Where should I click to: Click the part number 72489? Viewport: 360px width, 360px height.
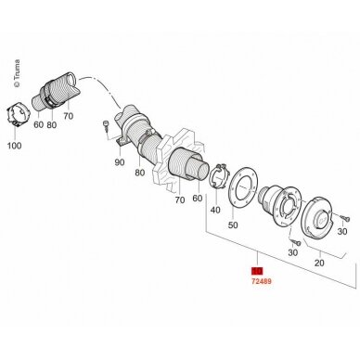(262, 281)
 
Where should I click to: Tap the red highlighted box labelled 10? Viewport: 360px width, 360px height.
(257, 271)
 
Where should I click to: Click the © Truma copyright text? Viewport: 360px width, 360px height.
(17, 73)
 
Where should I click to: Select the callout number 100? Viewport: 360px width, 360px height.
(14, 145)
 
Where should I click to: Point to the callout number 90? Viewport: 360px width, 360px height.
(120, 161)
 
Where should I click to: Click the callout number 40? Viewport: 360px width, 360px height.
(215, 210)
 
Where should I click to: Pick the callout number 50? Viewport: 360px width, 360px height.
(233, 225)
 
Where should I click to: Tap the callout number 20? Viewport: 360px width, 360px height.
(319, 263)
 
